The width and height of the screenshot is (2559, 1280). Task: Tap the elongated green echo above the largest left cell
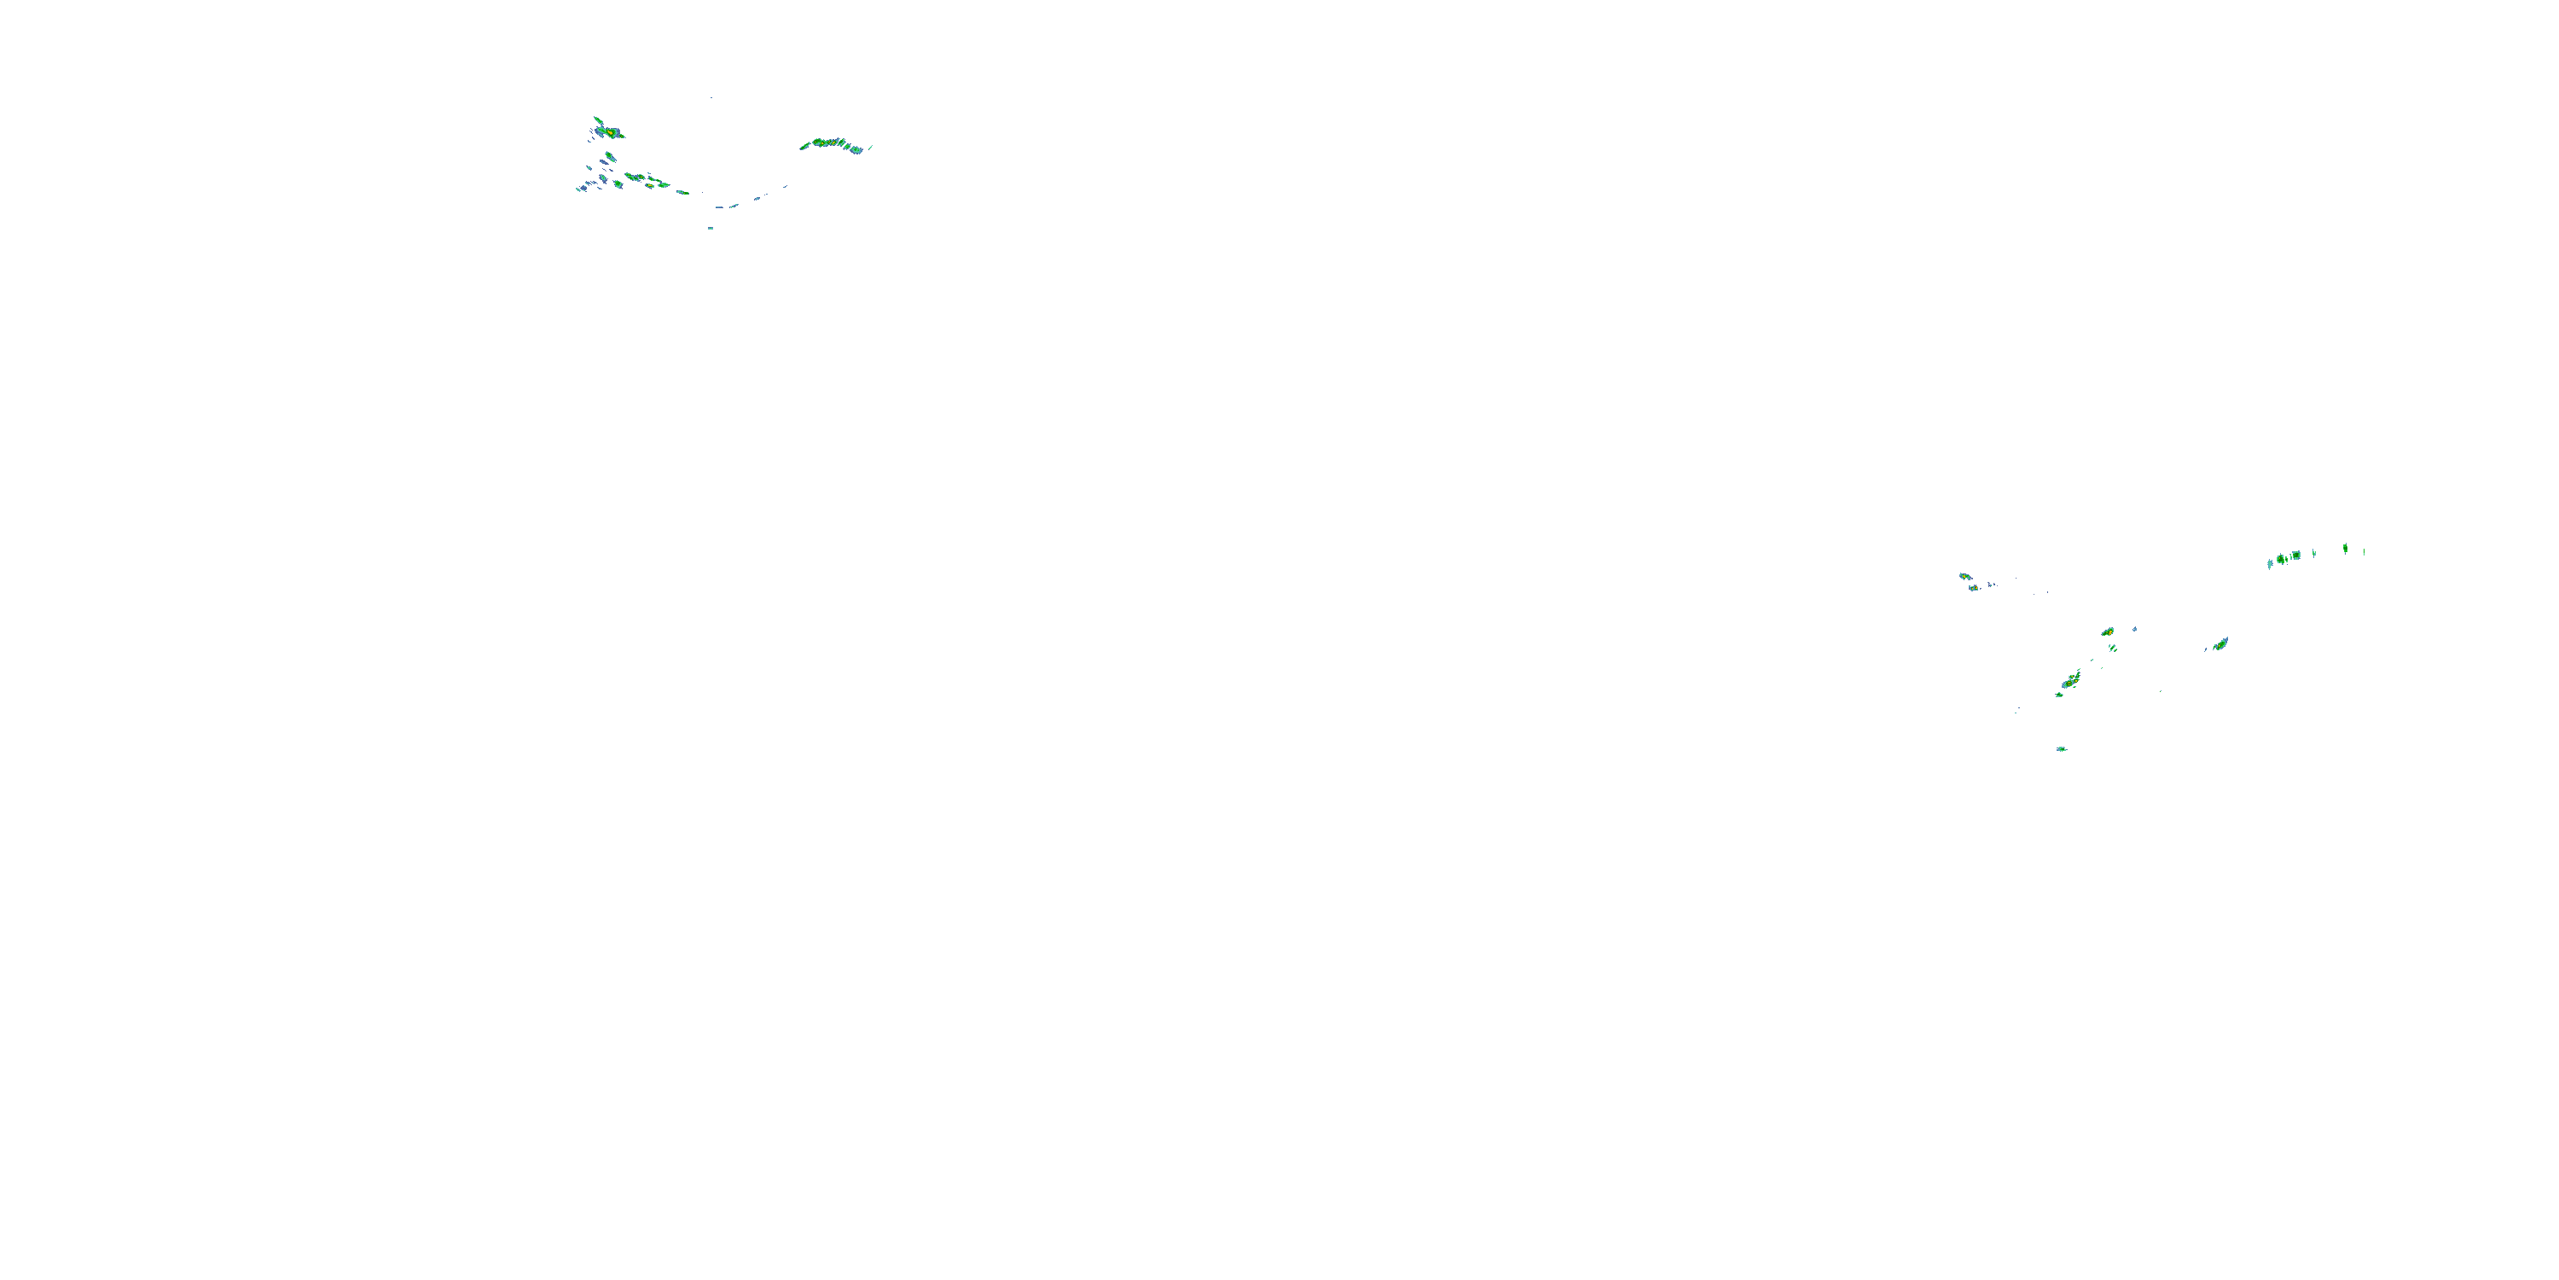click(x=596, y=119)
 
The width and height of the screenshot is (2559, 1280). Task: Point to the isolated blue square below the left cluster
click(x=711, y=228)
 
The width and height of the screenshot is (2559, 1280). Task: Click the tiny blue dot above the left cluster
click(x=711, y=97)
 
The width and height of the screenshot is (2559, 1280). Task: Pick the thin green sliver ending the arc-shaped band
click(x=870, y=147)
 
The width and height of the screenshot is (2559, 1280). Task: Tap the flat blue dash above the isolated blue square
click(x=719, y=207)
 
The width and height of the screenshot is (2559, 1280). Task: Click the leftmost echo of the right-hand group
click(x=1964, y=575)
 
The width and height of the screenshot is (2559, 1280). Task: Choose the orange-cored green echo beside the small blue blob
click(x=2107, y=632)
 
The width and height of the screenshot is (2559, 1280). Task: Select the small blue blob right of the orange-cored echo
click(x=2135, y=629)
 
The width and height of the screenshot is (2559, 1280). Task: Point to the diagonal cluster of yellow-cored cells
click(x=2071, y=681)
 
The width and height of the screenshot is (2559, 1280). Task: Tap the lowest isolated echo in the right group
click(x=2062, y=748)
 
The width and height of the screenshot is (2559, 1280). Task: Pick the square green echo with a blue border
click(x=2295, y=556)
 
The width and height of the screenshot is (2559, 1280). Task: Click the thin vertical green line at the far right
click(x=2364, y=550)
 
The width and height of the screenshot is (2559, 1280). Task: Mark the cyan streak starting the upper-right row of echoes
click(x=2270, y=562)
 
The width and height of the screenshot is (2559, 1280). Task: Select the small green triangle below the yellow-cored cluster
click(x=2058, y=695)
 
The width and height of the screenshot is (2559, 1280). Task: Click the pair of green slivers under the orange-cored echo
click(x=2112, y=648)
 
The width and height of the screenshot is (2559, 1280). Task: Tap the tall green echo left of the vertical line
click(x=2346, y=548)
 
